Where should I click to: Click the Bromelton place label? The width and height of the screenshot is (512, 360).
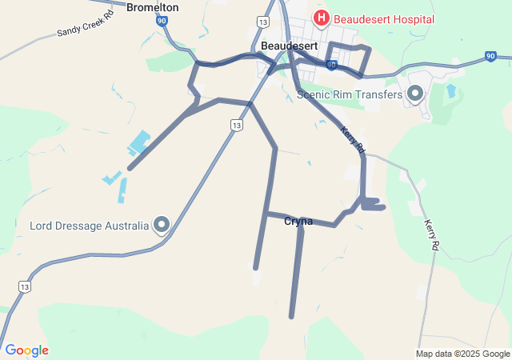tap(152, 7)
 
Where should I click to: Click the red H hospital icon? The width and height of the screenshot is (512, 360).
tap(322, 18)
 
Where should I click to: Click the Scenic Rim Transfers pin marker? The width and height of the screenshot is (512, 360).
tap(415, 94)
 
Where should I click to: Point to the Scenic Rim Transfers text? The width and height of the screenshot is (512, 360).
tap(349, 94)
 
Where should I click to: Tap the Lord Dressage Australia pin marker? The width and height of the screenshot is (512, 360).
tap(162, 225)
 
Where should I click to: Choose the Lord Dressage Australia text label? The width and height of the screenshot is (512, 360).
tap(89, 226)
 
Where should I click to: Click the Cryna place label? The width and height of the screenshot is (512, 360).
tap(298, 222)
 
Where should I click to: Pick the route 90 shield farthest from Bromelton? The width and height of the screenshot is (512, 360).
tap(490, 56)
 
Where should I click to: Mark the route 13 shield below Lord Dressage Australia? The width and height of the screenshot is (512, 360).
tap(23, 286)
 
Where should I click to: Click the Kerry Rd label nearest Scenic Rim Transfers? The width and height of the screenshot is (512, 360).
tap(352, 139)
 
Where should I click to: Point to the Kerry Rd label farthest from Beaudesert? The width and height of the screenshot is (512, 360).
tap(432, 237)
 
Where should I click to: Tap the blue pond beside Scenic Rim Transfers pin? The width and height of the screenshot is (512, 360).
tap(450, 90)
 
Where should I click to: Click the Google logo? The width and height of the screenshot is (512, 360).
tap(26, 350)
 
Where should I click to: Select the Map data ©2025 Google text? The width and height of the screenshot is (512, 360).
tap(462, 354)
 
